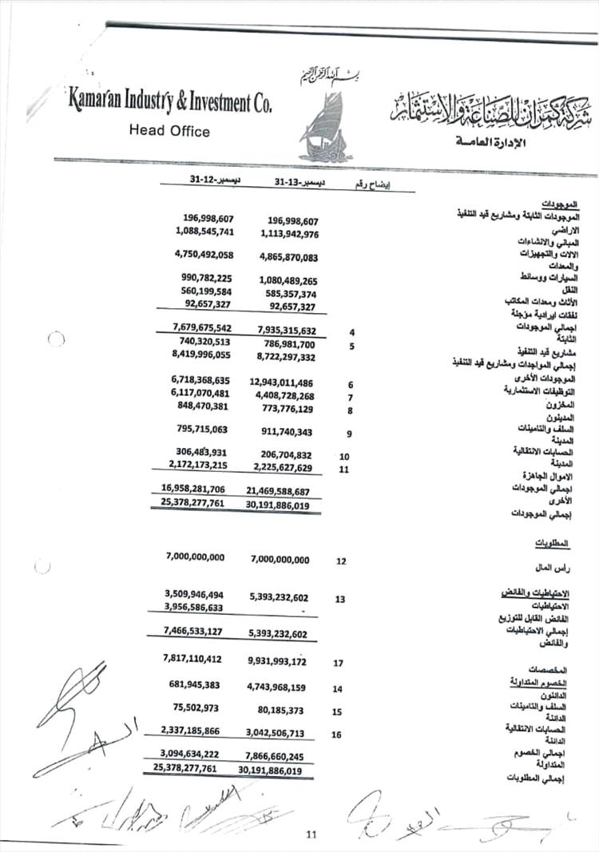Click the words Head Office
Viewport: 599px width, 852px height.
point(169,131)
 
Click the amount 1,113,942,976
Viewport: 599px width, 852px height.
point(289,234)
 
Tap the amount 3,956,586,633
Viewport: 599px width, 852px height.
point(195,607)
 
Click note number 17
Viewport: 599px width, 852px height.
point(339,662)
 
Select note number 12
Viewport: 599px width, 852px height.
point(341,561)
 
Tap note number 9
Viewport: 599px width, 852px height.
point(349,434)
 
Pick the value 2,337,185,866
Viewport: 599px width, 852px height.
point(195,731)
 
